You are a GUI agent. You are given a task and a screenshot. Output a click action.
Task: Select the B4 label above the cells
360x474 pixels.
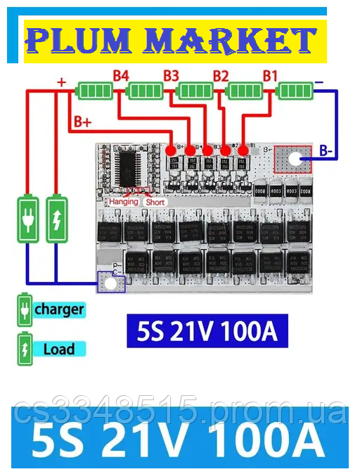pos(121,75)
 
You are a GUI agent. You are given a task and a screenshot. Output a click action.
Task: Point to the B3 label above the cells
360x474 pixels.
pos(171,75)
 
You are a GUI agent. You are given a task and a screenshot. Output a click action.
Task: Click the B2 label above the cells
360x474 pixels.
pos(221,75)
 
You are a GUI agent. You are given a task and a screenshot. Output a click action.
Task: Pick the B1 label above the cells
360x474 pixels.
pos(270,75)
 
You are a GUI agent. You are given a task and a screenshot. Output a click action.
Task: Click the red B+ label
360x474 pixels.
pos(83,122)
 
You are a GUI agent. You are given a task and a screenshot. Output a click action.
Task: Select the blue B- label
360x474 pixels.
pos(327,150)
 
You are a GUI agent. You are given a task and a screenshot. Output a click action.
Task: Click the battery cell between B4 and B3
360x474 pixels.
pos(146,91)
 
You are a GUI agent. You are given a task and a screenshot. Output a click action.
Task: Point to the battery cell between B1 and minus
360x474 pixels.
pos(295,91)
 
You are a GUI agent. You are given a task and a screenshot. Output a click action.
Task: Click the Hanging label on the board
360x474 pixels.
pos(124,203)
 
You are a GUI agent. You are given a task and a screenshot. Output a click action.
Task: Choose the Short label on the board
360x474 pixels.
pos(155,203)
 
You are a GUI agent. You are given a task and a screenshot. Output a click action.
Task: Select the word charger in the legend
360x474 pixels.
pos(59,309)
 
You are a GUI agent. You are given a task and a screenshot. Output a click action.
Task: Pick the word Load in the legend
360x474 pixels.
pos(59,349)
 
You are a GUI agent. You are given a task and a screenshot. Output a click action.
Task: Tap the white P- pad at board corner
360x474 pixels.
pos(109,283)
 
